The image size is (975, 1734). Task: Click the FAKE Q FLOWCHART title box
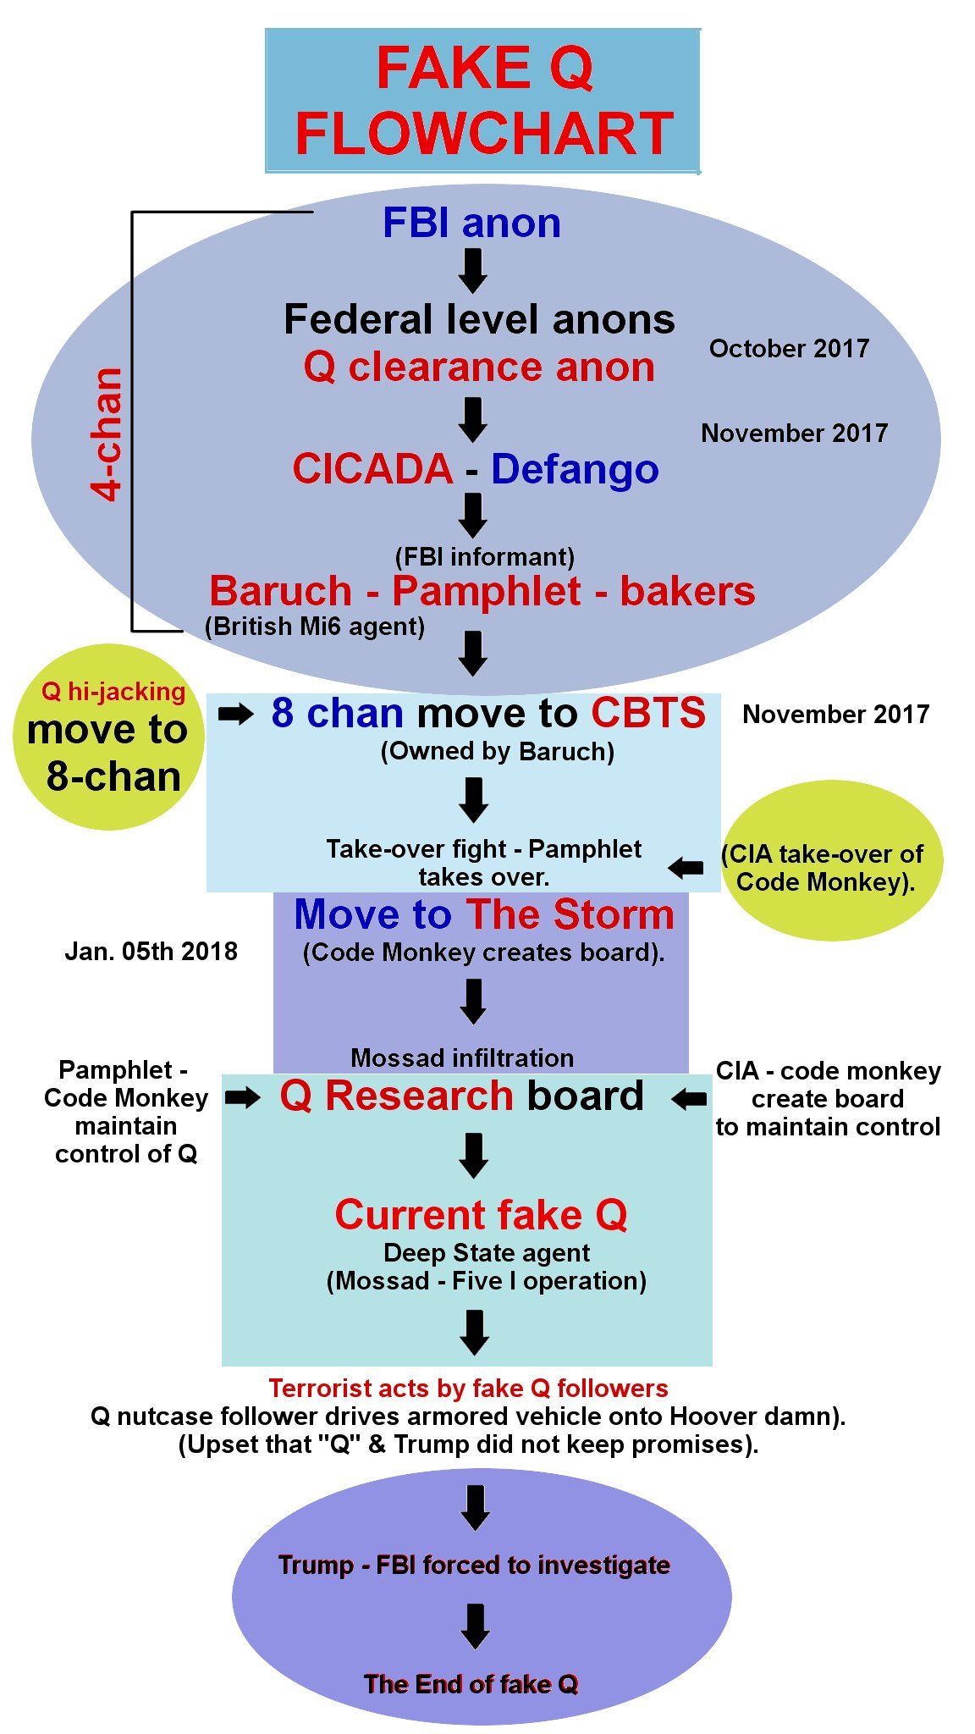click(x=482, y=101)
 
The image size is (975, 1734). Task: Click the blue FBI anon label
click(x=471, y=224)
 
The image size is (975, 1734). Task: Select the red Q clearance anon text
click(x=479, y=367)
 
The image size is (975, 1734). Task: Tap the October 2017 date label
click(x=789, y=349)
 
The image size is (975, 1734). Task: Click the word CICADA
click(x=372, y=469)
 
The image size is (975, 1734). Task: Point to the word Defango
click(x=575, y=469)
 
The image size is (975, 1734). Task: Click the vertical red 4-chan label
click(x=108, y=433)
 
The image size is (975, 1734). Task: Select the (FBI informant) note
click(x=484, y=556)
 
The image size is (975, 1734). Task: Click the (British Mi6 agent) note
click(x=315, y=627)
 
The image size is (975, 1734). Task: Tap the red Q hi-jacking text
click(x=113, y=692)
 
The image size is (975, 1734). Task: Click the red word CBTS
click(x=647, y=713)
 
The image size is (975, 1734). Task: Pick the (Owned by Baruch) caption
click(x=497, y=752)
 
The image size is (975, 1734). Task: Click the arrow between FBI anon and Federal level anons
click(x=472, y=270)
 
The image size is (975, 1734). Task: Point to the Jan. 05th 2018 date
click(x=151, y=952)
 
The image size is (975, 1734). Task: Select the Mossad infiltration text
click(x=462, y=1058)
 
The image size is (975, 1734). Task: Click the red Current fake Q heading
click(x=481, y=1215)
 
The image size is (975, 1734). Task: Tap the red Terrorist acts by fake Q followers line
click(x=468, y=1389)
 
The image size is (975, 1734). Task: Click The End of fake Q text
click(x=471, y=1684)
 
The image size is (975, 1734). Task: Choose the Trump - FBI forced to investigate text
click(x=474, y=1565)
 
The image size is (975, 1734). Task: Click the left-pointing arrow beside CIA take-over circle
click(x=686, y=868)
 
